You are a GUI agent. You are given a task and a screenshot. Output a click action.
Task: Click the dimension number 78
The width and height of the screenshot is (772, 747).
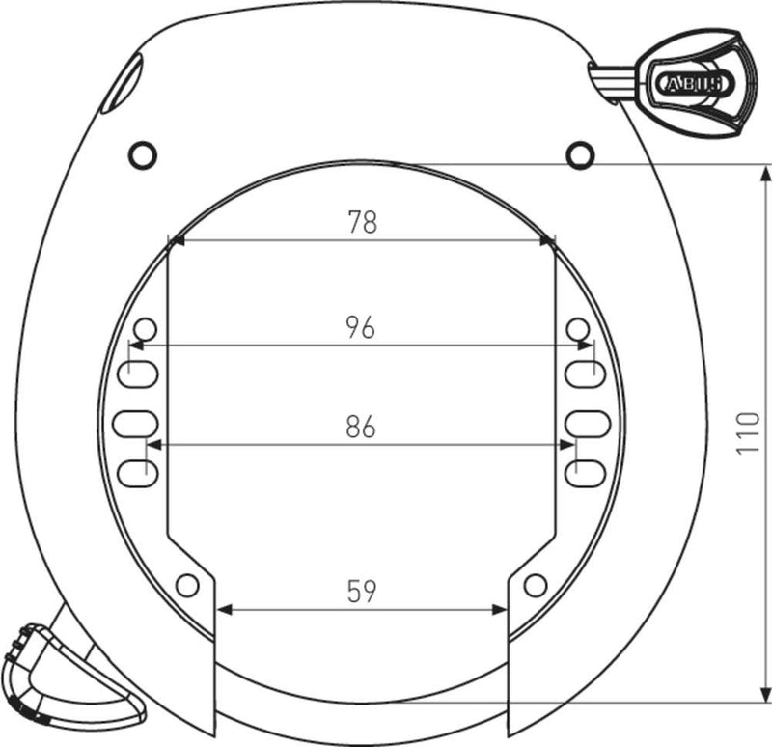click(x=362, y=222)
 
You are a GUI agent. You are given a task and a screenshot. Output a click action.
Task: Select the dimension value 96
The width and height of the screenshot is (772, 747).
click(x=361, y=327)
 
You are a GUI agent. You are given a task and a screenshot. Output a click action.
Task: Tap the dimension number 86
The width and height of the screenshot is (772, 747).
click(x=361, y=428)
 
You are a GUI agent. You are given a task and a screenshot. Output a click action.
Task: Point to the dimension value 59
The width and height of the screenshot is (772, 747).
click(x=361, y=591)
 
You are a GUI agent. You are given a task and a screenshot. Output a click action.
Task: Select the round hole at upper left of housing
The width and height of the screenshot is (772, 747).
click(x=142, y=152)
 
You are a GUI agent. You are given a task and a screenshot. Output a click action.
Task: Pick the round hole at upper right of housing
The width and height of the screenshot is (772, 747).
click(x=579, y=152)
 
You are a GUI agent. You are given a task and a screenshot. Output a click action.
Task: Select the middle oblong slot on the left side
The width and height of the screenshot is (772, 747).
click(x=135, y=422)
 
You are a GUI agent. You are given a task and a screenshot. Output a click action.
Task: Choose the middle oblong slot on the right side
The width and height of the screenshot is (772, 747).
click(x=585, y=422)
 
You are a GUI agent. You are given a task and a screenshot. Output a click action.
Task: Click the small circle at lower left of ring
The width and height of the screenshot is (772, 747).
click(x=188, y=584)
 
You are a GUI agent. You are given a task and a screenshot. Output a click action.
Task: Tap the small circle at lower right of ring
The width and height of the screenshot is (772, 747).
click(x=535, y=584)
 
